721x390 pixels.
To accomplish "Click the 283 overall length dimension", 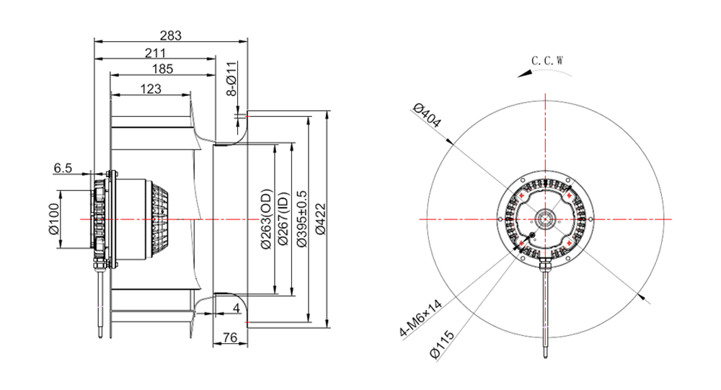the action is pyautogui.click(x=171, y=35).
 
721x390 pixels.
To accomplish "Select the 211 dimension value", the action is pyautogui.click(x=156, y=53).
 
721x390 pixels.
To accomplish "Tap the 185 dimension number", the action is pyautogui.click(x=163, y=69).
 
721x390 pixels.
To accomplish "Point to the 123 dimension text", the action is pyautogui.click(x=151, y=89).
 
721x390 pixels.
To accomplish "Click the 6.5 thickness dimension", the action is pyautogui.click(x=63, y=168).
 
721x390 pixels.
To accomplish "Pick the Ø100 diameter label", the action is pyautogui.click(x=54, y=218).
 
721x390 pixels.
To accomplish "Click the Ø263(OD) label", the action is pyautogui.click(x=266, y=219).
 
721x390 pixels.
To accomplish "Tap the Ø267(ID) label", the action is pyautogui.click(x=283, y=219).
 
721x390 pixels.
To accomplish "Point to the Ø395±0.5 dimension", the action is pyautogui.click(x=301, y=219).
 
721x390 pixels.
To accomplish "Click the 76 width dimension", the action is pyautogui.click(x=229, y=337).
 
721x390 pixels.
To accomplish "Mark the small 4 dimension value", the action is pyautogui.click(x=236, y=308).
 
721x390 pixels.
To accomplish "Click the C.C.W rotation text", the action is pyautogui.click(x=547, y=61).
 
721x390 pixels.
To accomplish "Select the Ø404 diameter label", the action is pyautogui.click(x=427, y=115).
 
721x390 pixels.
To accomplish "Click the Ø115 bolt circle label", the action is pyautogui.click(x=442, y=345).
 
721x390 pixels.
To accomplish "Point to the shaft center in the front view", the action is pyautogui.click(x=546, y=219).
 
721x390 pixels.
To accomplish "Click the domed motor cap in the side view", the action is pyautogui.click(x=159, y=219).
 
